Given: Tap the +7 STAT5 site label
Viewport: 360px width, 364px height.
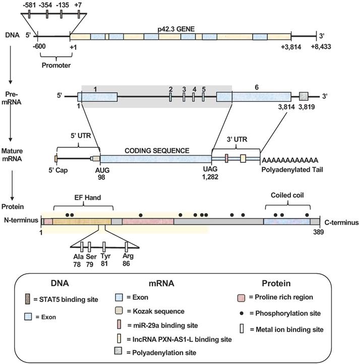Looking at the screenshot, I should [78, 5].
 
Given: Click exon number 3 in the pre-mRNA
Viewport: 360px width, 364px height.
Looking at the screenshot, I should [184, 89].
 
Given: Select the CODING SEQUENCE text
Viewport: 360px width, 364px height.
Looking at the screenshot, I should [157, 150].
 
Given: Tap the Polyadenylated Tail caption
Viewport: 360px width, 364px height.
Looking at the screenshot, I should [290, 169].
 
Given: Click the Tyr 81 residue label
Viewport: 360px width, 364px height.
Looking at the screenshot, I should [104, 259].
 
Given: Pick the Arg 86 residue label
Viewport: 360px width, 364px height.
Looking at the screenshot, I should [128, 259].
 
